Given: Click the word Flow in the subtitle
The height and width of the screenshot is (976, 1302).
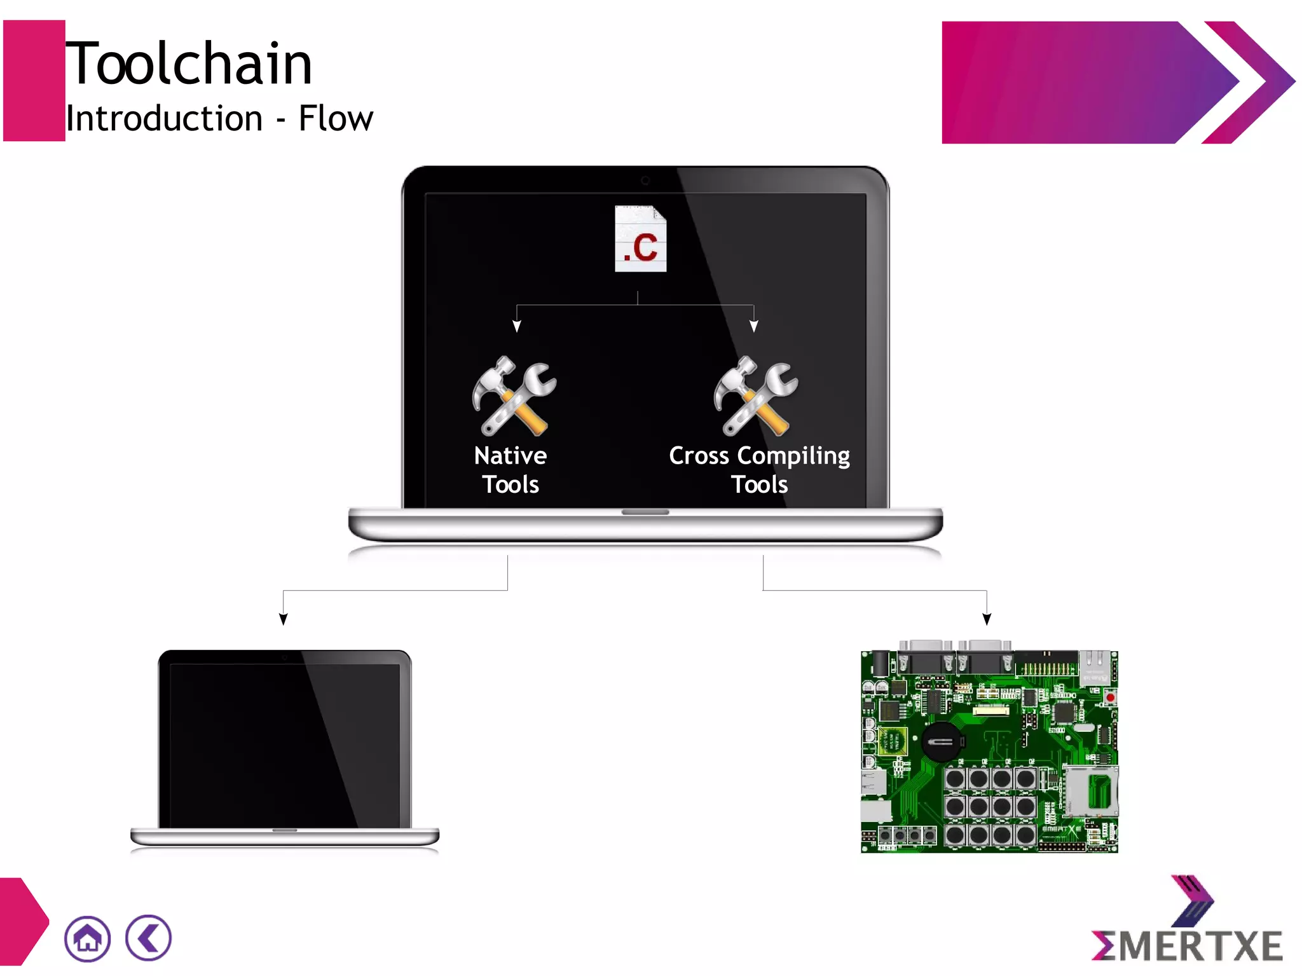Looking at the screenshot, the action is pos(336,119).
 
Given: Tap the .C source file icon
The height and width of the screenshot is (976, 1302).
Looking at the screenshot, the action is pos(640,239).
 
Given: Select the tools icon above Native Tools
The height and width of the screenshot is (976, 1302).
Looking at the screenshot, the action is pos(514,395).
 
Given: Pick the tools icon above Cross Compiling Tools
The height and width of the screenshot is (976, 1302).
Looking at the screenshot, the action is pos(755,395).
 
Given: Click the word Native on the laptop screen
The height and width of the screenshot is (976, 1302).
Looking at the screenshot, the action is pos(511,456).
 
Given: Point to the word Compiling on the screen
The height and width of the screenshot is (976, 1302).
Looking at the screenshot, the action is pos(793,457).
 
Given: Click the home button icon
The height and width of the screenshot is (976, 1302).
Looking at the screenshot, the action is pos(87,938).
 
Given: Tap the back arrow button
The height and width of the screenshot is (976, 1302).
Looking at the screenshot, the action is pos(148,938).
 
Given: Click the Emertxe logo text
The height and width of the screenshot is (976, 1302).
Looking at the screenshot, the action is pos(1186,946).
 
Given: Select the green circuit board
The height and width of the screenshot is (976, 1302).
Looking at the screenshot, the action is pos(989,750).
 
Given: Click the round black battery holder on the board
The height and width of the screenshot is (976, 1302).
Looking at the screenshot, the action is pos(942,741).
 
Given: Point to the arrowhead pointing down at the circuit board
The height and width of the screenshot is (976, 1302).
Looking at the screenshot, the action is pos(987,619).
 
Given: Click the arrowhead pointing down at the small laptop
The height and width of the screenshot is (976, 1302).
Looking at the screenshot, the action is pos(284,619).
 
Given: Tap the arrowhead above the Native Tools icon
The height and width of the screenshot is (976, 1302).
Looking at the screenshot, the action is pos(517,326).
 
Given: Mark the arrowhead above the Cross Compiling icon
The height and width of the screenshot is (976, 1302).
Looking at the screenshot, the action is pos(754,326).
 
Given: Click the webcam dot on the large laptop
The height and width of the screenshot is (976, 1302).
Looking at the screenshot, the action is pos(645,181).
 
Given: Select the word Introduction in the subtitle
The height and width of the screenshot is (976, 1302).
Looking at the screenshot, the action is pos(164,119).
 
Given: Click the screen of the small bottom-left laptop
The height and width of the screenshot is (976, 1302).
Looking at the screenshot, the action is pos(285,744).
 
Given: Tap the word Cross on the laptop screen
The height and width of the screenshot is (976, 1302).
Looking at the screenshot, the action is pos(699,456).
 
